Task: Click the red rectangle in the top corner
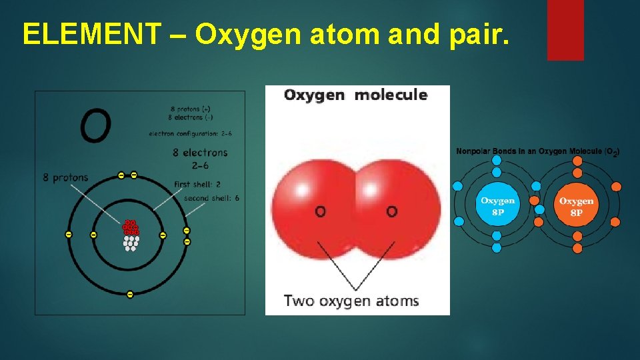coord(565,29)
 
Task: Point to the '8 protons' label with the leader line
coord(65,177)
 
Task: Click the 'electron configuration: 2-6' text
coord(190,133)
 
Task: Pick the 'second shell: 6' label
coord(211,198)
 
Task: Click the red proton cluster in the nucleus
coord(130,227)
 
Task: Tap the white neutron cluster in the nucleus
coord(131,243)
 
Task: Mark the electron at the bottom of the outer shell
coord(130,294)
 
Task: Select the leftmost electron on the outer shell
coord(68,235)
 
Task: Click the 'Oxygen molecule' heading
coord(355,95)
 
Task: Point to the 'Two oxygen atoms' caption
coord(351,301)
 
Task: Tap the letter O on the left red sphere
coord(321,211)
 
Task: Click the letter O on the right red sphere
coord(392,211)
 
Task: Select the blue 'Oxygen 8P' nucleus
coord(497,206)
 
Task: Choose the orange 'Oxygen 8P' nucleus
coord(577,206)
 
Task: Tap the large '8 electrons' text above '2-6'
coord(200,153)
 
